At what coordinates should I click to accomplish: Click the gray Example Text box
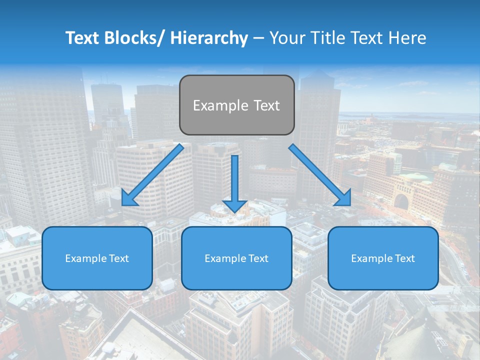point(236,105)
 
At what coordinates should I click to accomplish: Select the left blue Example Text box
point(97,258)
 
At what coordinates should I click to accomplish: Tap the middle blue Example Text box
point(236,258)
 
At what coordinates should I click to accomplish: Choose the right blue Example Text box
point(383,258)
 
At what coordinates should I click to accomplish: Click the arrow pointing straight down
point(234,183)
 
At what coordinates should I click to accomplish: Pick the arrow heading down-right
point(320,174)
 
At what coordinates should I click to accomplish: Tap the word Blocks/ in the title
point(134,38)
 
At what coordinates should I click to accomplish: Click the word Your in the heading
point(285,38)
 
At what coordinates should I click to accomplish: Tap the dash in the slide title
point(258,38)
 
